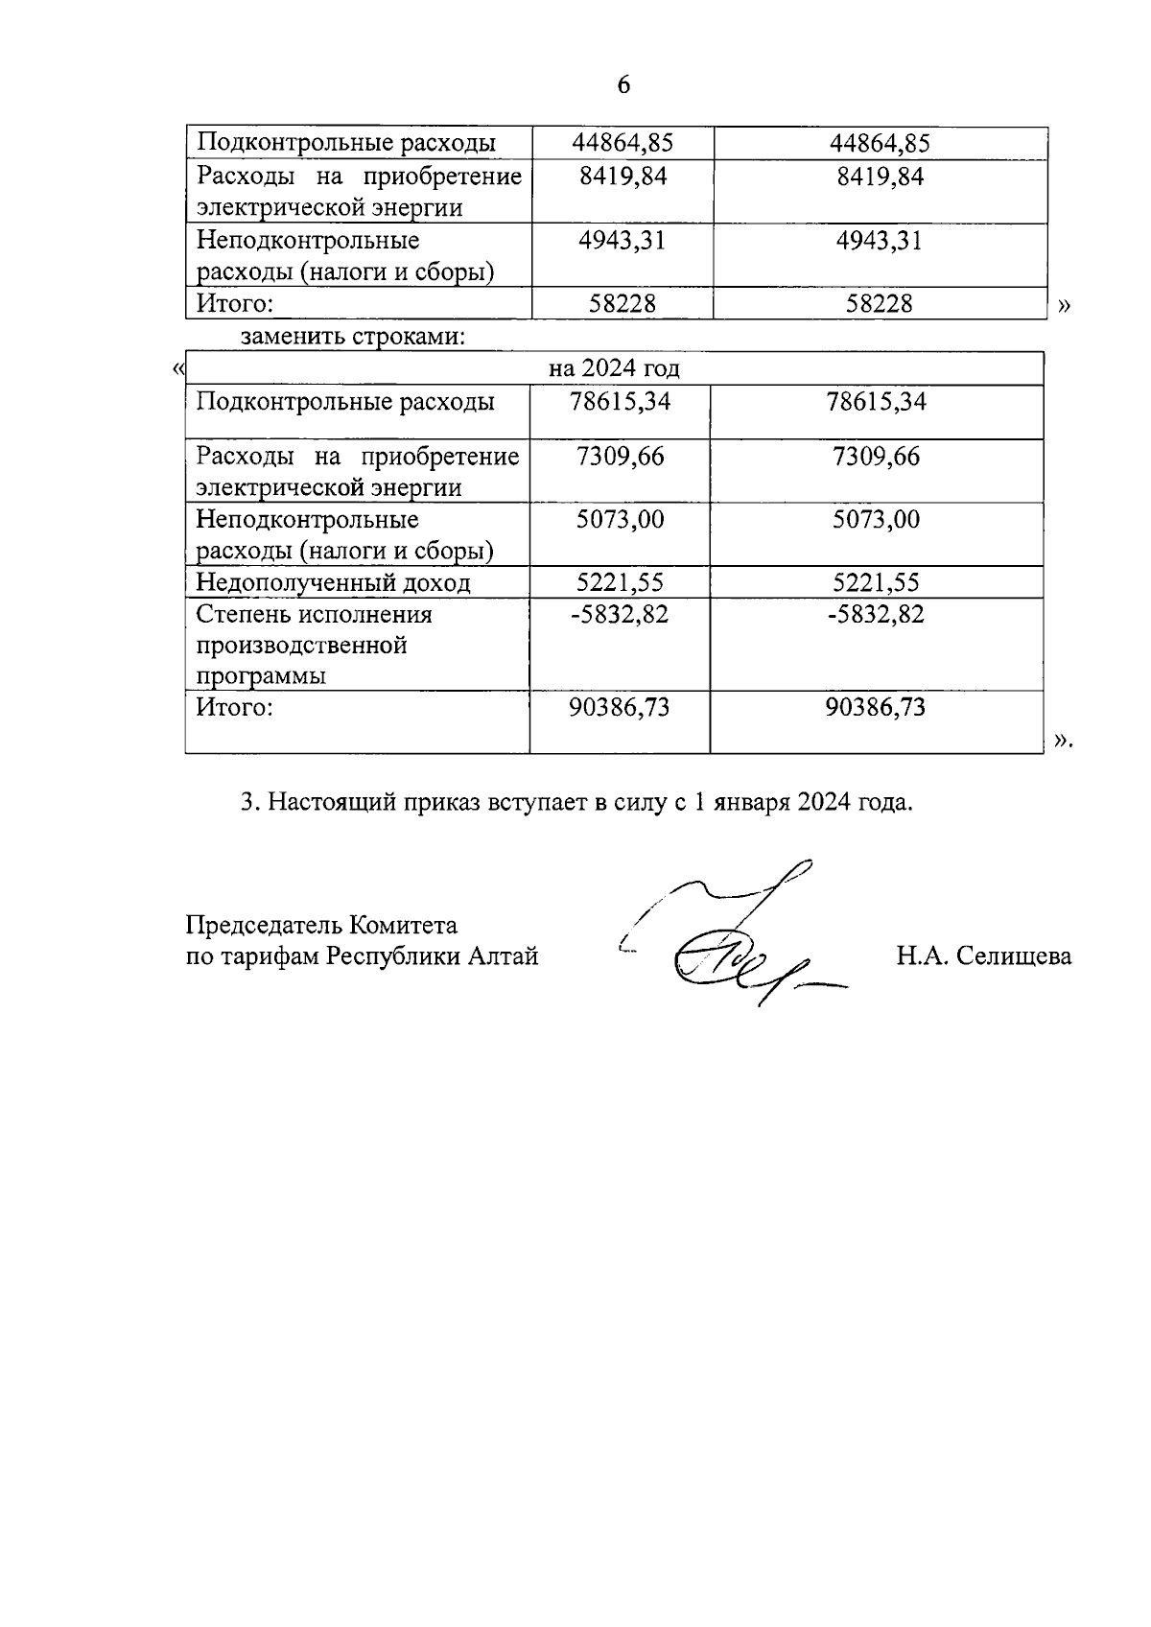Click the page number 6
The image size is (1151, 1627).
click(x=623, y=85)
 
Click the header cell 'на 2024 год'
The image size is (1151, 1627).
click(x=614, y=369)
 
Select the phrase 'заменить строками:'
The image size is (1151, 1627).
click(x=353, y=337)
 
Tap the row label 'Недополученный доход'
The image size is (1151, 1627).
click(x=333, y=583)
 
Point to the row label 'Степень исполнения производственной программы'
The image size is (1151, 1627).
click(x=315, y=645)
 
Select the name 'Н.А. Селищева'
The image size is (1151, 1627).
click(x=984, y=956)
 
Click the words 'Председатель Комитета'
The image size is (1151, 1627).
click(x=321, y=926)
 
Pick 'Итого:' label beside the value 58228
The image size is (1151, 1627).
click(x=235, y=304)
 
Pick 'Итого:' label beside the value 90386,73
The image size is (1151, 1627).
click(x=235, y=708)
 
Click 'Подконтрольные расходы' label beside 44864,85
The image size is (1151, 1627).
click(x=346, y=144)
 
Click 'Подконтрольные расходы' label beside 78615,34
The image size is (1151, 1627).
click(x=345, y=401)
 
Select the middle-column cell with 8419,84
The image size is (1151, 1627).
click(x=622, y=177)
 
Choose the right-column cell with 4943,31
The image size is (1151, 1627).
click(x=880, y=240)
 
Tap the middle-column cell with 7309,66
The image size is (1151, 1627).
click(x=620, y=457)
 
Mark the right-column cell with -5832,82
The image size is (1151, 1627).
click(x=876, y=615)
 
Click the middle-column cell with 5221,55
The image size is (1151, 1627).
click(x=620, y=583)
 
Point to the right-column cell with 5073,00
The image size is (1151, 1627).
click(x=876, y=520)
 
